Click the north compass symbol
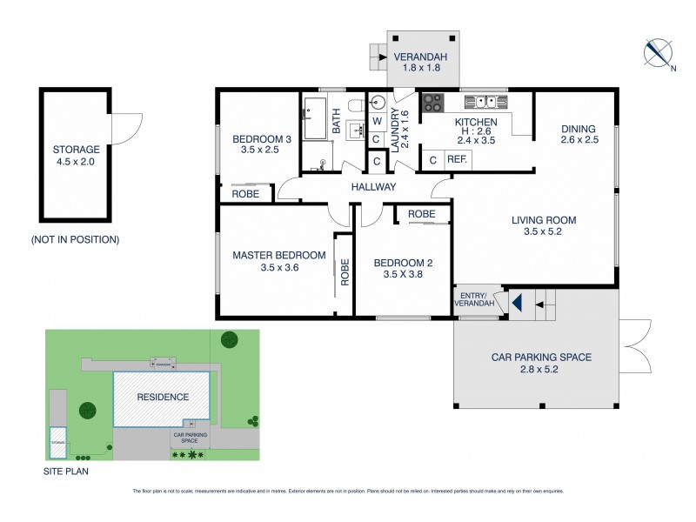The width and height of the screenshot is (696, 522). [659, 54]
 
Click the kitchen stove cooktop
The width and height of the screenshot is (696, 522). [432, 104]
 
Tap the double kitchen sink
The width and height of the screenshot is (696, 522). [480, 101]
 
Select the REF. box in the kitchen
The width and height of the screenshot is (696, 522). [458, 160]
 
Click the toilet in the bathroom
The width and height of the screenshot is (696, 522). [354, 105]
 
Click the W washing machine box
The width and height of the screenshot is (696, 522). [377, 121]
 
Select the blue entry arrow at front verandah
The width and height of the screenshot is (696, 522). [516, 304]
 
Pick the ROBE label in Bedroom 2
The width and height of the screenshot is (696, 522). [422, 213]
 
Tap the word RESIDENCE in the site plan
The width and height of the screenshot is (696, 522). [163, 397]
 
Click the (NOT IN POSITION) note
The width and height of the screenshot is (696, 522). [75, 239]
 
